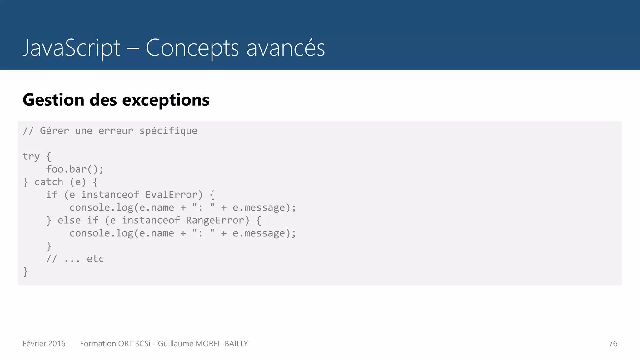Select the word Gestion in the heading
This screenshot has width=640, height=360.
[53, 100]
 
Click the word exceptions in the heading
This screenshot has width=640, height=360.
[166, 100]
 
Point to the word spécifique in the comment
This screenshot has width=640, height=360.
[168, 131]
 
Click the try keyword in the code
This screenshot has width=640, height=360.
[31, 156]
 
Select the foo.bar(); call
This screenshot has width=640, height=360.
[75, 169]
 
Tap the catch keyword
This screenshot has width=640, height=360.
[49, 182]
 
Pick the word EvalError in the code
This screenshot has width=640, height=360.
[172, 195]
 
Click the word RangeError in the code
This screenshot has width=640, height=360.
[215, 220]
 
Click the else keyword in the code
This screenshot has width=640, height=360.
[69, 220]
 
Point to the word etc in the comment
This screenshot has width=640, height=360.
[95, 259]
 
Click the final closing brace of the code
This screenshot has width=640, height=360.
[26, 272]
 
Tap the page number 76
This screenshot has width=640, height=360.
[613, 343]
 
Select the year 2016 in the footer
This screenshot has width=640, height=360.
[57, 343]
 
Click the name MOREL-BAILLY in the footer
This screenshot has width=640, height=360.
[222, 343]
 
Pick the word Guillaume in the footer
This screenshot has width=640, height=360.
[176, 343]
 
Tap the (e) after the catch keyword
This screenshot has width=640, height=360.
[78, 182]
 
